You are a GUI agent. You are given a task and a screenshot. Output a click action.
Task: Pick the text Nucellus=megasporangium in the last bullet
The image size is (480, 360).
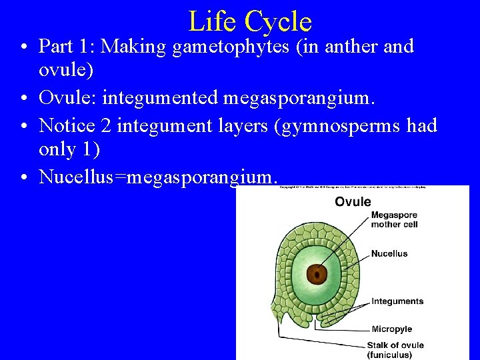pyautogui.click(x=157, y=177)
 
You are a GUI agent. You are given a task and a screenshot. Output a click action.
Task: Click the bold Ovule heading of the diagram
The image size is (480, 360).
pyautogui.click(x=353, y=201)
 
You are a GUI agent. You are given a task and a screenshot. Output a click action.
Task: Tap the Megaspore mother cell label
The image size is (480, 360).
pyautogui.click(x=394, y=219)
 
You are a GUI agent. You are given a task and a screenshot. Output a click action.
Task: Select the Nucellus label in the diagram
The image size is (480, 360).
pyautogui.click(x=389, y=254)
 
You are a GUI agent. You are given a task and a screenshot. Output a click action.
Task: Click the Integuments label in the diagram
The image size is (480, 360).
pyautogui.click(x=397, y=301)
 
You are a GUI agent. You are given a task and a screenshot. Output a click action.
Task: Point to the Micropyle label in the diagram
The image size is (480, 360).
pyautogui.click(x=392, y=329)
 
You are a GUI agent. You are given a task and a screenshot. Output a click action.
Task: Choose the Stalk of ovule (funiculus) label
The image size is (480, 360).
pyautogui.click(x=395, y=350)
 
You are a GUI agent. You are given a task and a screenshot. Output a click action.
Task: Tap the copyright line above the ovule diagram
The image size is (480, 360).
pyautogui.click(x=353, y=187)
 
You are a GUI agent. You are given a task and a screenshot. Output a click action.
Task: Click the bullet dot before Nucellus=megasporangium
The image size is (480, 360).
pyautogui.click(x=24, y=178)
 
